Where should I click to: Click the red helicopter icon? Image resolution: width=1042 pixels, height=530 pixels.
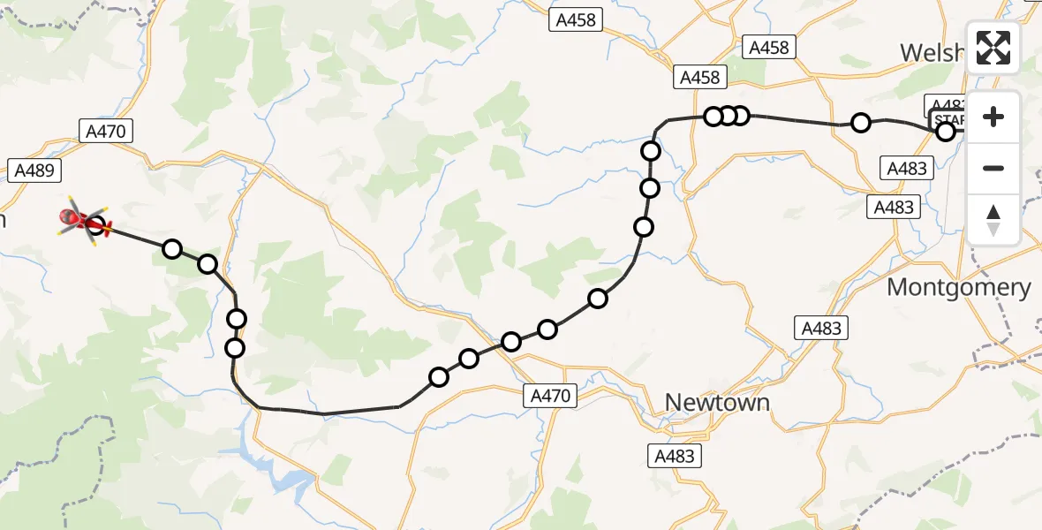79,219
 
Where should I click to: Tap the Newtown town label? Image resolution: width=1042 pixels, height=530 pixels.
716,403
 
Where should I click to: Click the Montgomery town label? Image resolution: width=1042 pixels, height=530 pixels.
958,287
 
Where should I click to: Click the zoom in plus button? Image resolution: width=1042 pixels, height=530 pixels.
993,117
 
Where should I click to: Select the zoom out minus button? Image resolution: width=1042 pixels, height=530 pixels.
993,168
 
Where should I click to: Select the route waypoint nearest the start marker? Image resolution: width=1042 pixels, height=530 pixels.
946,132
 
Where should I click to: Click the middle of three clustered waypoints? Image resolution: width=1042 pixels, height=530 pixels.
728,116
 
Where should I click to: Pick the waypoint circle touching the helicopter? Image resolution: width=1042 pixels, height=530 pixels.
96,226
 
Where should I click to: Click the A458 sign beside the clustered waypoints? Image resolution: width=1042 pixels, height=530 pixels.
700,78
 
